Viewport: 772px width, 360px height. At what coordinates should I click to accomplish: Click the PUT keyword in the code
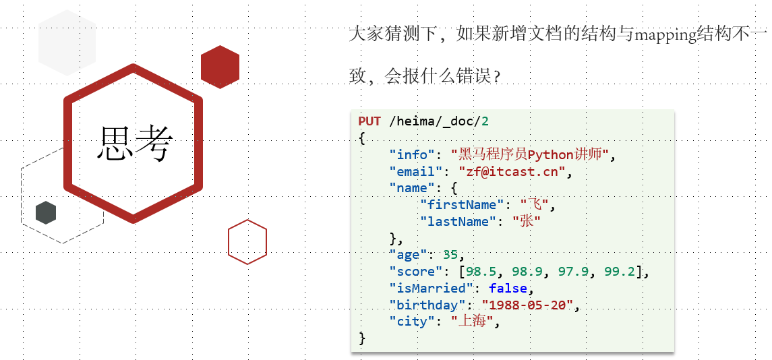(369, 121)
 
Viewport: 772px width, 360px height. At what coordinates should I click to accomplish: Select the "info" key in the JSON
(412, 155)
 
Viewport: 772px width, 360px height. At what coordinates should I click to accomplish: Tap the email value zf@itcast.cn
(512, 172)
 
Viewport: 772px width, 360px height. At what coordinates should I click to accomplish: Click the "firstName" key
(458, 205)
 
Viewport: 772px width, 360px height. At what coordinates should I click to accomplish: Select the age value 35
(450, 255)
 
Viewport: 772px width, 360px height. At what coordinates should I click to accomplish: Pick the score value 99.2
(620, 272)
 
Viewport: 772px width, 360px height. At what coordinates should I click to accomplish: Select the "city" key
(412, 322)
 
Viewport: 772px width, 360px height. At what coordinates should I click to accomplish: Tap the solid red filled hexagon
(220, 67)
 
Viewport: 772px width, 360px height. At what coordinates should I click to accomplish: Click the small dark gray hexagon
(46, 212)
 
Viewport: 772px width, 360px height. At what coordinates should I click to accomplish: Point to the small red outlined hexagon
(247, 241)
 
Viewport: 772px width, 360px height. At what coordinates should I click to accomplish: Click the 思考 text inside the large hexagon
(136, 144)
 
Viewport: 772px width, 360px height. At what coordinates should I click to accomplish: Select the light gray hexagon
(67, 42)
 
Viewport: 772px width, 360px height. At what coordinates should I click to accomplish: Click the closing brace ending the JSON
(362, 338)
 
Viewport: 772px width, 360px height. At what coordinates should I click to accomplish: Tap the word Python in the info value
(550, 155)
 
